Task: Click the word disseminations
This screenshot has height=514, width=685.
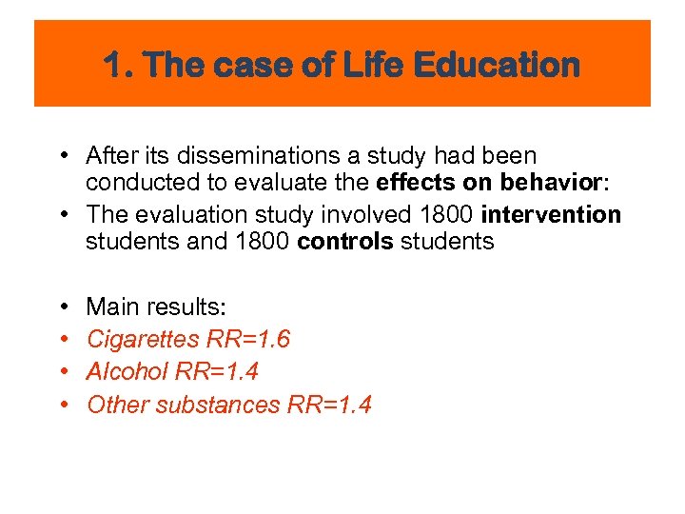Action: click(x=234, y=156)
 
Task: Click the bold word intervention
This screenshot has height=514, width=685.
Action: click(x=551, y=215)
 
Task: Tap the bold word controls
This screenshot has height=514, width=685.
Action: click(x=345, y=242)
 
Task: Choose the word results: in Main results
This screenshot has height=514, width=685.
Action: click(x=186, y=306)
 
